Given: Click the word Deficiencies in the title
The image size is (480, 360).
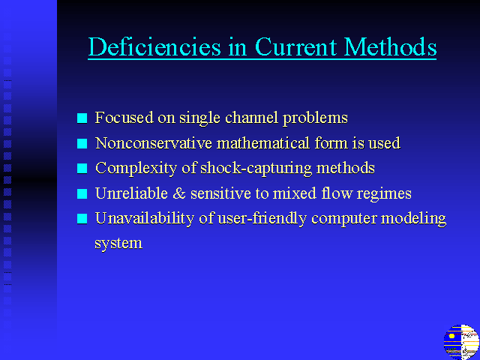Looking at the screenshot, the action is point(154,46).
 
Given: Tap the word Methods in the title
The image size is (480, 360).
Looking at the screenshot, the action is point(390,46).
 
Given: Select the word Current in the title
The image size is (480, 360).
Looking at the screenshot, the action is point(296,46).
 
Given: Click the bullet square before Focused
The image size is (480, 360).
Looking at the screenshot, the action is point(82,118).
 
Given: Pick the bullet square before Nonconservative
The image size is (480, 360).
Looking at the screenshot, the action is point(82,143).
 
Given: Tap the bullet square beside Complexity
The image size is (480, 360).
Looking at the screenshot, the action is point(82,168).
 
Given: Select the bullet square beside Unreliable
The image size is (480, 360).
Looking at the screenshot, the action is point(82,193).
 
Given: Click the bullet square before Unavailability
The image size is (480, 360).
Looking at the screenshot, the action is point(82,219).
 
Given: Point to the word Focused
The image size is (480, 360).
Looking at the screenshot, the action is point(124,117).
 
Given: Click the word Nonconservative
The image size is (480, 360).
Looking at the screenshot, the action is point(153,143).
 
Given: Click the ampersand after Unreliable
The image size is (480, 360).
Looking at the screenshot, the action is point(179,193).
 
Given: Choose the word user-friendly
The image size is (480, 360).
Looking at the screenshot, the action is point(262,219).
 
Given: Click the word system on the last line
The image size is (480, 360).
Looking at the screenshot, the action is point(118,244).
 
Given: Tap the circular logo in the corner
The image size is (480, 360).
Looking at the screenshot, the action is point(461,342).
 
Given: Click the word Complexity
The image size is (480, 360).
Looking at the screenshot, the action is point(136,169).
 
